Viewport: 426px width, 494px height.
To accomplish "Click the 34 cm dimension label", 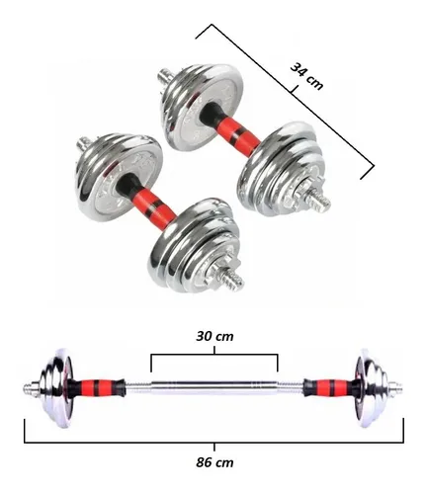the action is tap(306, 77).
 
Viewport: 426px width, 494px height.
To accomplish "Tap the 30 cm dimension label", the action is tap(214, 336).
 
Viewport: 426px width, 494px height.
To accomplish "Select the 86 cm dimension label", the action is tap(214, 462).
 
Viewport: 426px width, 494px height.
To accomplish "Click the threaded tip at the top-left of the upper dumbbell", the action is tap(165, 76).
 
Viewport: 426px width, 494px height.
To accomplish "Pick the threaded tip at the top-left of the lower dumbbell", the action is tap(84, 143).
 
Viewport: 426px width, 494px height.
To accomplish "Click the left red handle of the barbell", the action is tap(95, 387).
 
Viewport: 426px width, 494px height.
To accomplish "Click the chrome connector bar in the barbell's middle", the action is tap(214, 387).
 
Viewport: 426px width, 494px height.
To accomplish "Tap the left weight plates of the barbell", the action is tap(56, 388).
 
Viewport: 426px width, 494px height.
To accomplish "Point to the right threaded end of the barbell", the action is tap(396, 388).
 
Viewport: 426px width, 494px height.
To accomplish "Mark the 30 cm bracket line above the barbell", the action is tap(214, 355).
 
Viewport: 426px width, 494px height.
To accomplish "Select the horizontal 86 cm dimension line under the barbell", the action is tap(214, 442).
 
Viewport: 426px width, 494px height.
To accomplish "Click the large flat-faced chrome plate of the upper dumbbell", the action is tap(204, 107).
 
